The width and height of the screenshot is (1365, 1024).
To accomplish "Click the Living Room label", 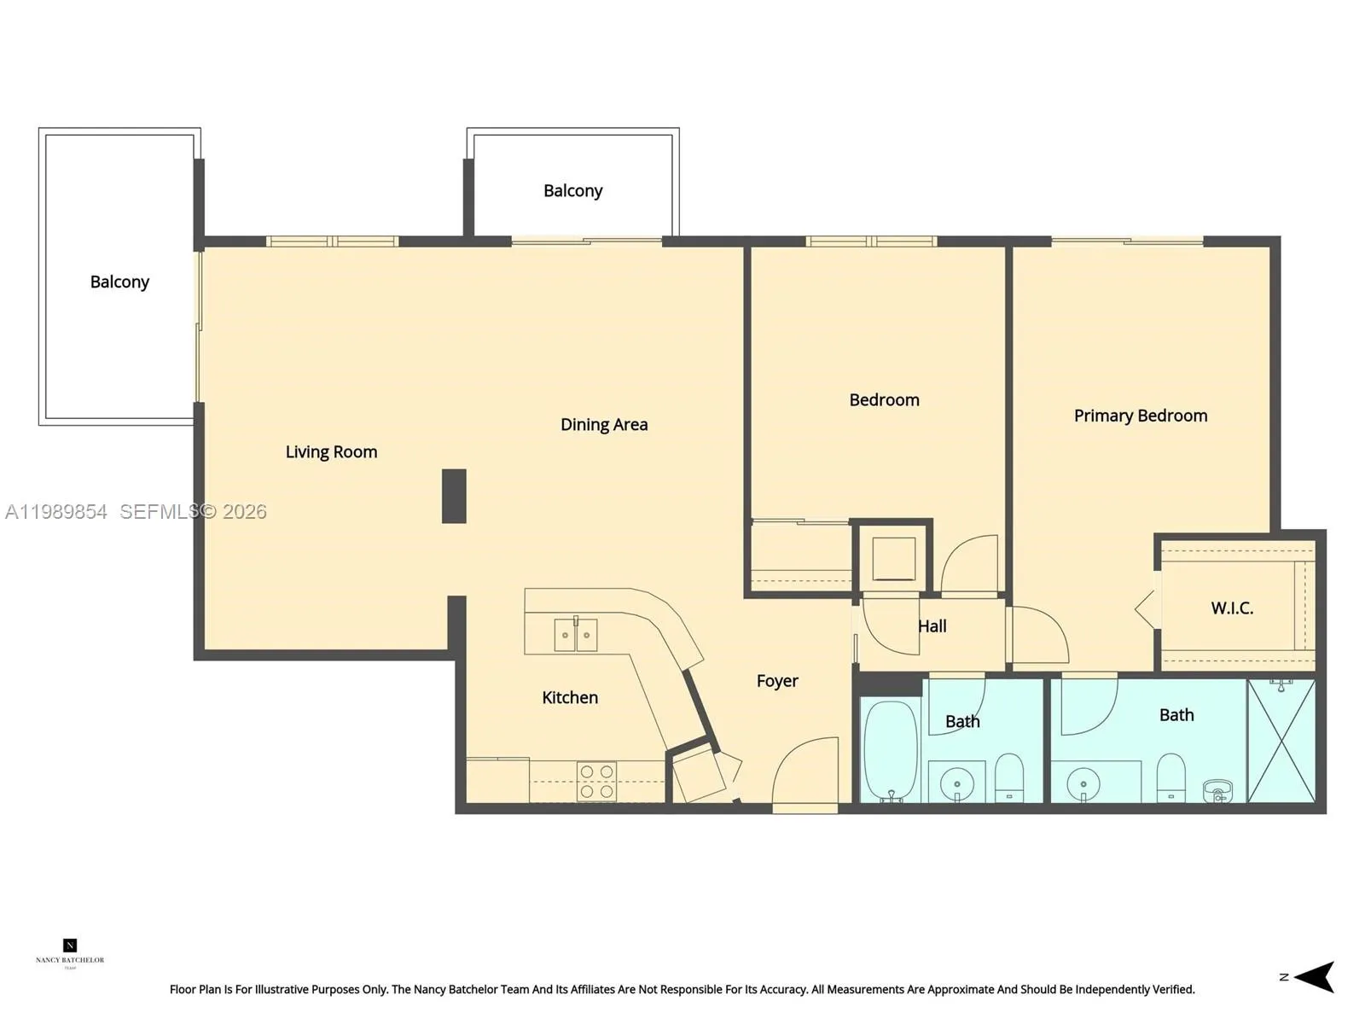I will point(331,451).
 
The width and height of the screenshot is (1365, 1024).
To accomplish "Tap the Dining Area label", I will point(603,424).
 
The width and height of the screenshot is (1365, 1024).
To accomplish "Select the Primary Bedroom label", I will point(1140,416).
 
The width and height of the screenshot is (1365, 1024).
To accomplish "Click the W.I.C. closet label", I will point(1231,608).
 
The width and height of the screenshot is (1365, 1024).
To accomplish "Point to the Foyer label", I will point(776,681).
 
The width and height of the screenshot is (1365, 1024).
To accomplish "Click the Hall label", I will point(932,626).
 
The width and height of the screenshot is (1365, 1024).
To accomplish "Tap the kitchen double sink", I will point(576,635).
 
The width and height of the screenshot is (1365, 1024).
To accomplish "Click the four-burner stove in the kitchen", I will point(596,782).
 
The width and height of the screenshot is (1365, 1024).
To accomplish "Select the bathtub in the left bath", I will point(891,751).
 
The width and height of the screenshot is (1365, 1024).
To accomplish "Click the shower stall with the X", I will point(1281,741).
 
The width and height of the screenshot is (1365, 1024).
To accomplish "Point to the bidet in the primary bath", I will point(1217,791).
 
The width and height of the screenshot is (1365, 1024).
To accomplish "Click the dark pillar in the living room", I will point(454,496).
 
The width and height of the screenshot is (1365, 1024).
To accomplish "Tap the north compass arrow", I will point(1313,977).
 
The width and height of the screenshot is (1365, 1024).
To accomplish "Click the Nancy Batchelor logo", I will point(70,951).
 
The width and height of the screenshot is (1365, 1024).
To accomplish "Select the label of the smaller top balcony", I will point(572,190).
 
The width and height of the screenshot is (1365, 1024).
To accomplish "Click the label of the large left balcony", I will point(119,282).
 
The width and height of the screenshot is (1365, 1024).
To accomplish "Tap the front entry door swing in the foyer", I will point(806,772).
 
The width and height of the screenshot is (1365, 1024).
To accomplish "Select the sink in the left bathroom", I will point(956,783).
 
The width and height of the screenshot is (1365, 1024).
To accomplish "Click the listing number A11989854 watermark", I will point(56,511).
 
